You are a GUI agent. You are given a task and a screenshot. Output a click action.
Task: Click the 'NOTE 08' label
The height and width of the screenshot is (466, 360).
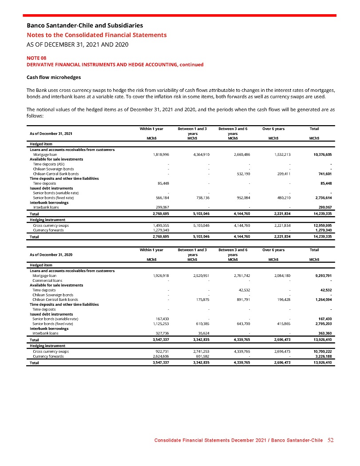coord(36,58)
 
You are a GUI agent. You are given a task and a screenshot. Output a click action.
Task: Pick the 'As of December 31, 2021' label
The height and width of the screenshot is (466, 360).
coord(51,134)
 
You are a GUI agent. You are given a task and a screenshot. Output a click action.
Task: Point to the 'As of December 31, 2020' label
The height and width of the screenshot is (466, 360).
coord(51,254)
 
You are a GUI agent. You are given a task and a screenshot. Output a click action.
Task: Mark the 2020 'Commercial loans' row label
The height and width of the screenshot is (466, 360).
coord(47,280)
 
